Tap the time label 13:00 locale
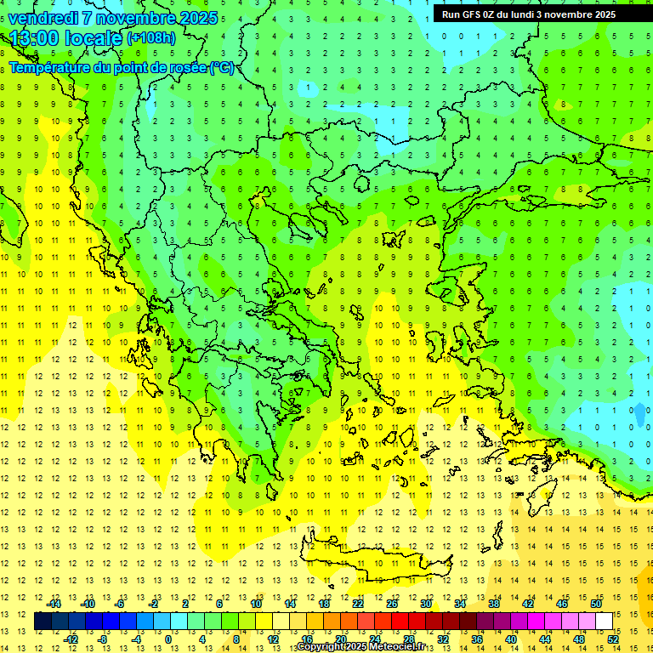(x=65, y=38)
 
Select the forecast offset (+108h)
(x=151, y=38)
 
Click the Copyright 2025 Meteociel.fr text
(x=361, y=647)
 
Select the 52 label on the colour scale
(x=613, y=639)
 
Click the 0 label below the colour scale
(x=168, y=639)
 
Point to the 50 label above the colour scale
(x=596, y=603)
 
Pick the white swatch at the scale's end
(x=605, y=621)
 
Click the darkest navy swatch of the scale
(x=43, y=621)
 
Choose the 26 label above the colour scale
(x=392, y=603)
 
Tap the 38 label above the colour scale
(x=494, y=603)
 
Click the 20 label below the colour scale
(x=340, y=639)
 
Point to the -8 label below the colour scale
(x=103, y=639)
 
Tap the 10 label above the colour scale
(x=256, y=603)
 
